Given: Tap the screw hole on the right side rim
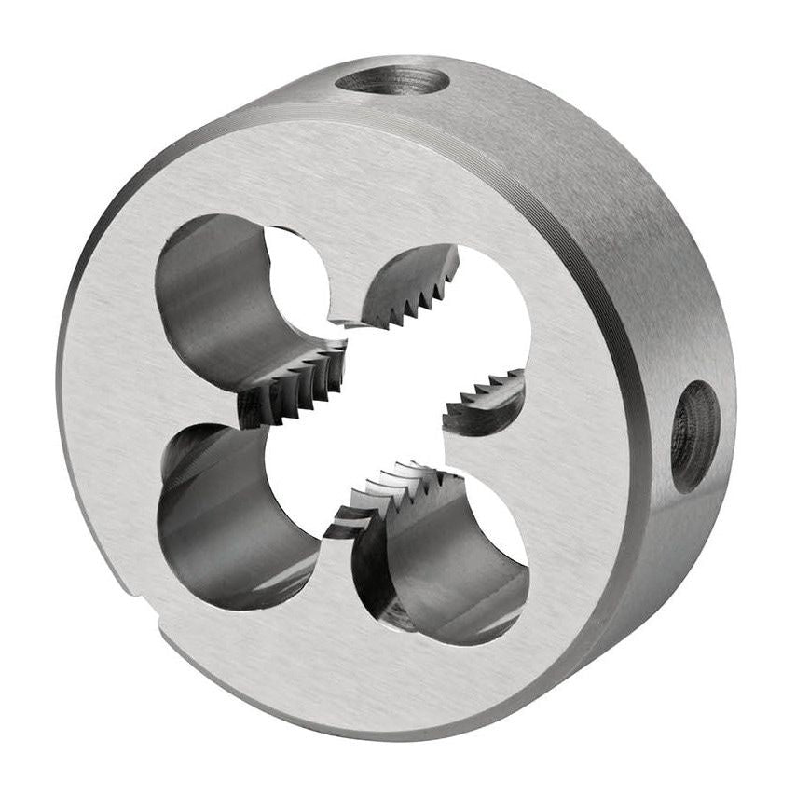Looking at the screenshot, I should (x=694, y=435).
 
